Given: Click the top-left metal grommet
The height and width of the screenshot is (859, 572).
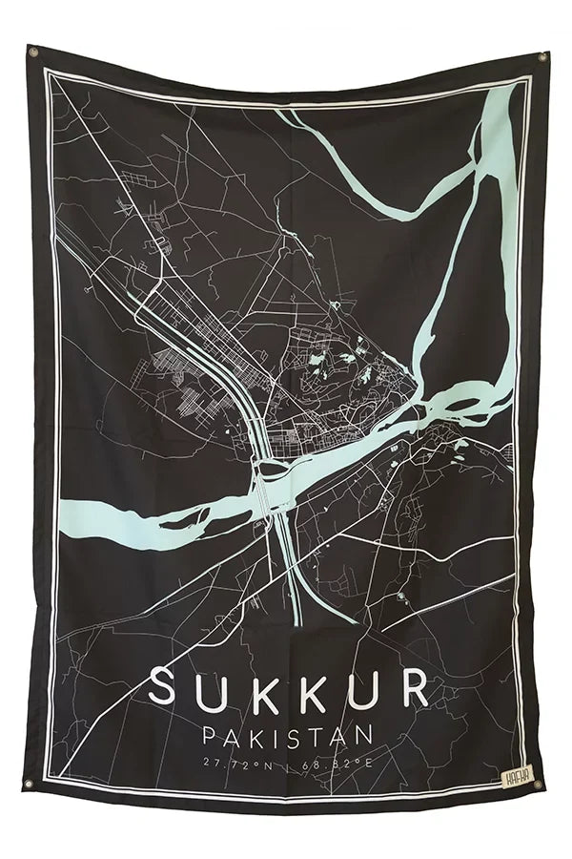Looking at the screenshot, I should point(33,52).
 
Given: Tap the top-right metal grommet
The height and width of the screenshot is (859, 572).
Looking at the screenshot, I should point(542,57).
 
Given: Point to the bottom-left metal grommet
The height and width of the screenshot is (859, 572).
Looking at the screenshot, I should point(29,785).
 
